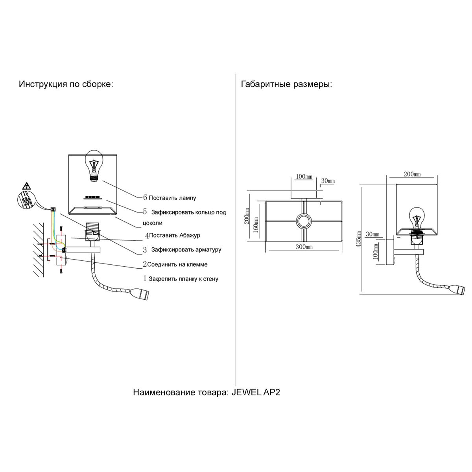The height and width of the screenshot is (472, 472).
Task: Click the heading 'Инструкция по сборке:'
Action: click(x=66, y=85)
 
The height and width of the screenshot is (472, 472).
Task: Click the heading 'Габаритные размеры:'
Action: click(x=286, y=85)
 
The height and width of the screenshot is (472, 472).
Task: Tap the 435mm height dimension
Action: click(x=358, y=242)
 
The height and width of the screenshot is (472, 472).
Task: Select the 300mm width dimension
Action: click(x=304, y=247)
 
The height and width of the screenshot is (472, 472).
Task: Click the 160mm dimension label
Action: click(x=256, y=225)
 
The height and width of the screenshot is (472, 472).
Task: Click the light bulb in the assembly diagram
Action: click(x=94, y=165)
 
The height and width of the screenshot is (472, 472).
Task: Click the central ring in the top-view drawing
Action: click(x=304, y=222)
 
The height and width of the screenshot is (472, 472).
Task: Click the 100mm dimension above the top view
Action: click(x=303, y=176)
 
